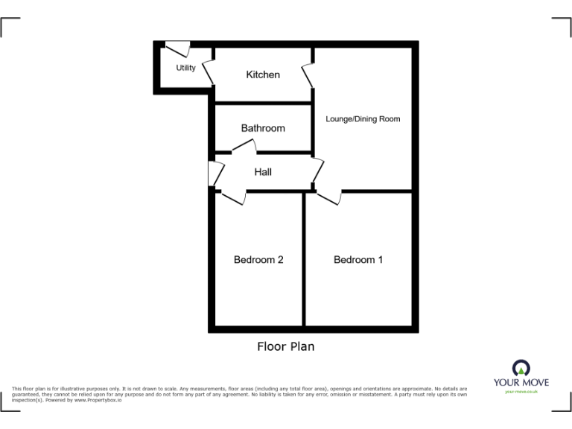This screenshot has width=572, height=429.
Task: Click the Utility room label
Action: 185,69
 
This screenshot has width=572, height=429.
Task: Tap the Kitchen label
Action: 263,74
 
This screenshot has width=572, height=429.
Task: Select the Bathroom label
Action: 263,128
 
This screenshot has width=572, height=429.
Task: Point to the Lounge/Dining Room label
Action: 363,119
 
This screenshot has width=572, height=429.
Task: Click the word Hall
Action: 263,172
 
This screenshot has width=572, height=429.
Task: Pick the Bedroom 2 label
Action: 258,260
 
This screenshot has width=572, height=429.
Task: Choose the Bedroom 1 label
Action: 358,260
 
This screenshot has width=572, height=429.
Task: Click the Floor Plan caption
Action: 286,346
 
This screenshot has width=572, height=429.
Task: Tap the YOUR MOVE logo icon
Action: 521,367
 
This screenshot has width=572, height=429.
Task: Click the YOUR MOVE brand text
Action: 521,382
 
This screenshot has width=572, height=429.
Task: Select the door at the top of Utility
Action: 177,49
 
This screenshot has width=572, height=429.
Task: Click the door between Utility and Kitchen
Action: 209,73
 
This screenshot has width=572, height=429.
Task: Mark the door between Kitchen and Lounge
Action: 308,75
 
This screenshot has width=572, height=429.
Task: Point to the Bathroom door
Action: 243,149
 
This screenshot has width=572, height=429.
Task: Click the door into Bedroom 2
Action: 232,196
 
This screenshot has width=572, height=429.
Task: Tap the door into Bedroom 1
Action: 329,197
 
